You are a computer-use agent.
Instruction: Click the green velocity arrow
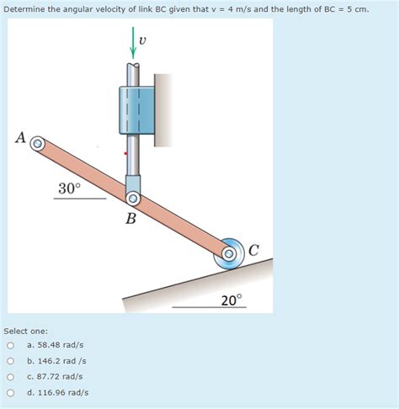point(132,42)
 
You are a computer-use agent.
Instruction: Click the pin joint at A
point(37,144)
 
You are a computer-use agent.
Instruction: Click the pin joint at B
point(133,199)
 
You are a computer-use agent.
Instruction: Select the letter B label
point(130,219)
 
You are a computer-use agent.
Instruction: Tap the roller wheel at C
point(228,253)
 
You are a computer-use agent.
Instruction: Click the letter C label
point(253,248)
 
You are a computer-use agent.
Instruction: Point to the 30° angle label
point(69,189)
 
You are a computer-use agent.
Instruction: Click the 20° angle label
point(231,299)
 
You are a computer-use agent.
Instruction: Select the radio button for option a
point(10,345)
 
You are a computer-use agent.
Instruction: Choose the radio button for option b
point(10,361)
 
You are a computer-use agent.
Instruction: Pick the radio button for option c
point(10,376)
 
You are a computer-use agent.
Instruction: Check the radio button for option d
point(10,392)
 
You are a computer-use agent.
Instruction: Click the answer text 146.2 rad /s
point(67,361)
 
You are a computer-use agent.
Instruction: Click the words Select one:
point(25,331)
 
